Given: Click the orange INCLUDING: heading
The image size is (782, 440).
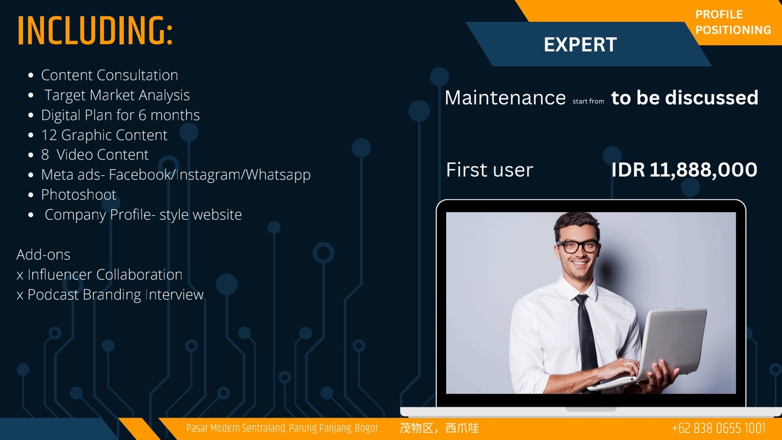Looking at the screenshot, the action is coord(95,30).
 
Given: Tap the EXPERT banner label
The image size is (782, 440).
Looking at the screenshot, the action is coord(580,44).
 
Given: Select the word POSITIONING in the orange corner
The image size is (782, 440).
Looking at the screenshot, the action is coord(733,30).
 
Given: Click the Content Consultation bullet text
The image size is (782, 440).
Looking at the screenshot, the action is coord(109,75).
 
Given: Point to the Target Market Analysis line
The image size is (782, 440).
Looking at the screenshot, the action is coord(117,95).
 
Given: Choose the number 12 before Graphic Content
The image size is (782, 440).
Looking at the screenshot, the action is coord(49,135).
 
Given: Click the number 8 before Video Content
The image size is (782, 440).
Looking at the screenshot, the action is coord(44,154).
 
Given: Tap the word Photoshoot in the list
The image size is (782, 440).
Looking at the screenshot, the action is coord(79,195).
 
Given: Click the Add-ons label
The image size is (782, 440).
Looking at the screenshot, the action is coord(43,255).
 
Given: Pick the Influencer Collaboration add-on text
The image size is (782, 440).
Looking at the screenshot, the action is coord(105,274).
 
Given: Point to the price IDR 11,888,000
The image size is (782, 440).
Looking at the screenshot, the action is coord(684,170).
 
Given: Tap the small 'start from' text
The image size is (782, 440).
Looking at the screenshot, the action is coord(588,101).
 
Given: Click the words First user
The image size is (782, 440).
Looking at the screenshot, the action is coord(489,170).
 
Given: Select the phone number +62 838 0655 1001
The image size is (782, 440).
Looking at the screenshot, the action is coord(718,428).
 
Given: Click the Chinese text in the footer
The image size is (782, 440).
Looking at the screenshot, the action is coord(439,428).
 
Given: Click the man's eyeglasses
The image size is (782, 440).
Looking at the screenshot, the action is coord(577,246).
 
